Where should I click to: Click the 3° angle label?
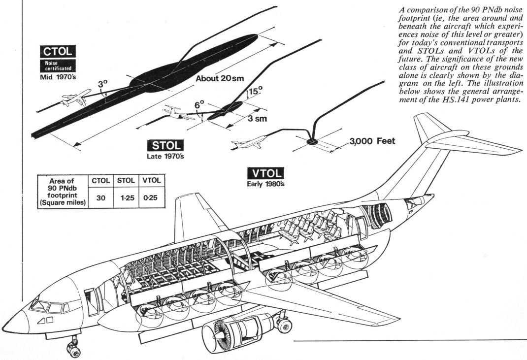(102, 84)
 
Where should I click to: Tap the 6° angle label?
(199, 105)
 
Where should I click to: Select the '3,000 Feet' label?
(373, 141)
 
